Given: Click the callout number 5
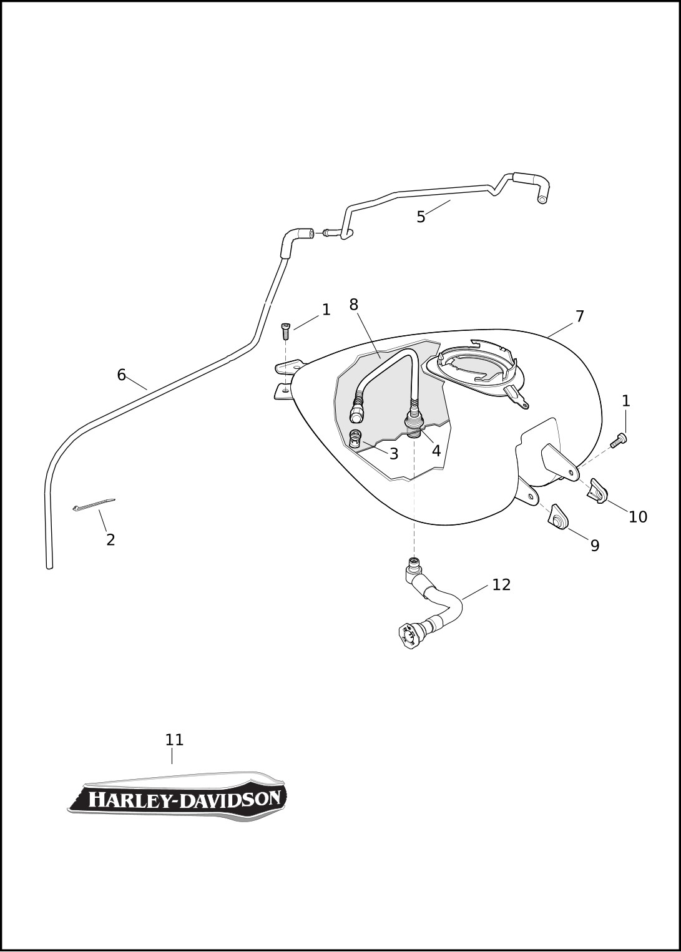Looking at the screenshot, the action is pyautogui.click(x=421, y=217).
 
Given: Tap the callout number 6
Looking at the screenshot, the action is pyautogui.click(x=122, y=375).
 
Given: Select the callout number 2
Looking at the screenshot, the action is pyautogui.click(x=110, y=540).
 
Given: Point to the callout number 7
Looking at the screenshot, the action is pyautogui.click(x=579, y=317).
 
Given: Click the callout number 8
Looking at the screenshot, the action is pyautogui.click(x=354, y=304).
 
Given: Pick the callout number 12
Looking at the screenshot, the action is pyautogui.click(x=501, y=585).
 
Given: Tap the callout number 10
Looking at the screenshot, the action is pyautogui.click(x=638, y=517).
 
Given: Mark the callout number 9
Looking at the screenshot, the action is pyautogui.click(x=595, y=546).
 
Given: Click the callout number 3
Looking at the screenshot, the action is pyautogui.click(x=394, y=454).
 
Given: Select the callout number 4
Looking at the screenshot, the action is pyautogui.click(x=436, y=451).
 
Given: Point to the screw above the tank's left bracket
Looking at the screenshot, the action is pyautogui.click(x=285, y=331).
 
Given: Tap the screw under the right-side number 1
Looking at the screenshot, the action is pyautogui.click(x=619, y=440).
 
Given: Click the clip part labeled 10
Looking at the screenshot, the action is pyautogui.click(x=598, y=491).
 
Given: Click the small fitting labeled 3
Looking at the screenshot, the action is pyautogui.click(x=355, y=438).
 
